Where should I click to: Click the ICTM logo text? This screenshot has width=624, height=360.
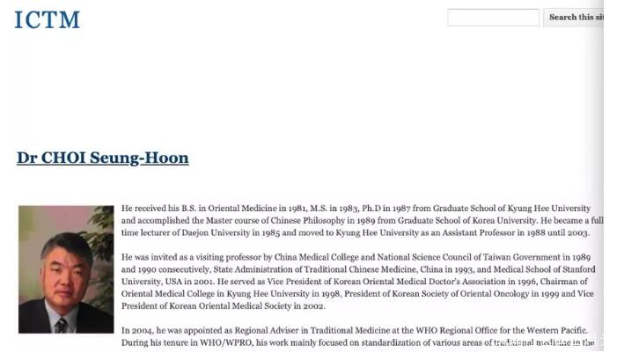(48, 18)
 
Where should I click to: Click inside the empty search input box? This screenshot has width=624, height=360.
(493, 18)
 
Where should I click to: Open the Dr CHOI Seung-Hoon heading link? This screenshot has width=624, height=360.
(102, 158)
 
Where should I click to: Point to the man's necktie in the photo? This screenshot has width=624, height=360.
(61, 323)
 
